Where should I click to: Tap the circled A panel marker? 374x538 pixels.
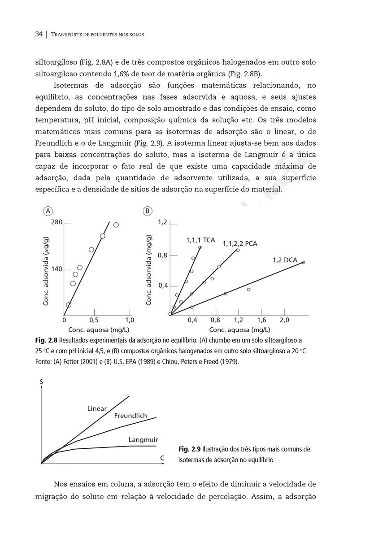click(47, 211)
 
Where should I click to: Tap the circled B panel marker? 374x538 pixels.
click(147, 211)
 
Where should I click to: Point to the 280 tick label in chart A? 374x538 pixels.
click(56, 222)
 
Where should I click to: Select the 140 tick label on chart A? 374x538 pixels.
click(56, 269)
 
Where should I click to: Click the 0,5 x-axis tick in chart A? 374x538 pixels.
click(94, 321)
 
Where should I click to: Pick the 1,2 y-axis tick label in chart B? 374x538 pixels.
click(162, 222)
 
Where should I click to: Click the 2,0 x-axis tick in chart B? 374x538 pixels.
click(284, 321)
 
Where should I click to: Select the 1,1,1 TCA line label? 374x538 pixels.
click(200, 240)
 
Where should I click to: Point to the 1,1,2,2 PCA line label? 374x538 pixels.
click(240, 244)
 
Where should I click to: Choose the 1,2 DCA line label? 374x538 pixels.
click(285, 260)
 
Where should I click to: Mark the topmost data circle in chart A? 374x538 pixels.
click(116, 225)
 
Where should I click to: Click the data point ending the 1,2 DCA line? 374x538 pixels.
click(303, 262)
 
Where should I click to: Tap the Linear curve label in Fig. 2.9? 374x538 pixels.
click(97, 408)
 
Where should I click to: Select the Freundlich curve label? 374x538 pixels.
click(130, 416)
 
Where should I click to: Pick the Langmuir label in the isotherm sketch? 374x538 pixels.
click(143, 440)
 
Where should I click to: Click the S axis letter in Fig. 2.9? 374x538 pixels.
click(42, 382)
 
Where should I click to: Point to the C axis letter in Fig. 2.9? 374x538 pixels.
click(162, 458)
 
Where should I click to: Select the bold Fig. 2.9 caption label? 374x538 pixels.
click(189, 449)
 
